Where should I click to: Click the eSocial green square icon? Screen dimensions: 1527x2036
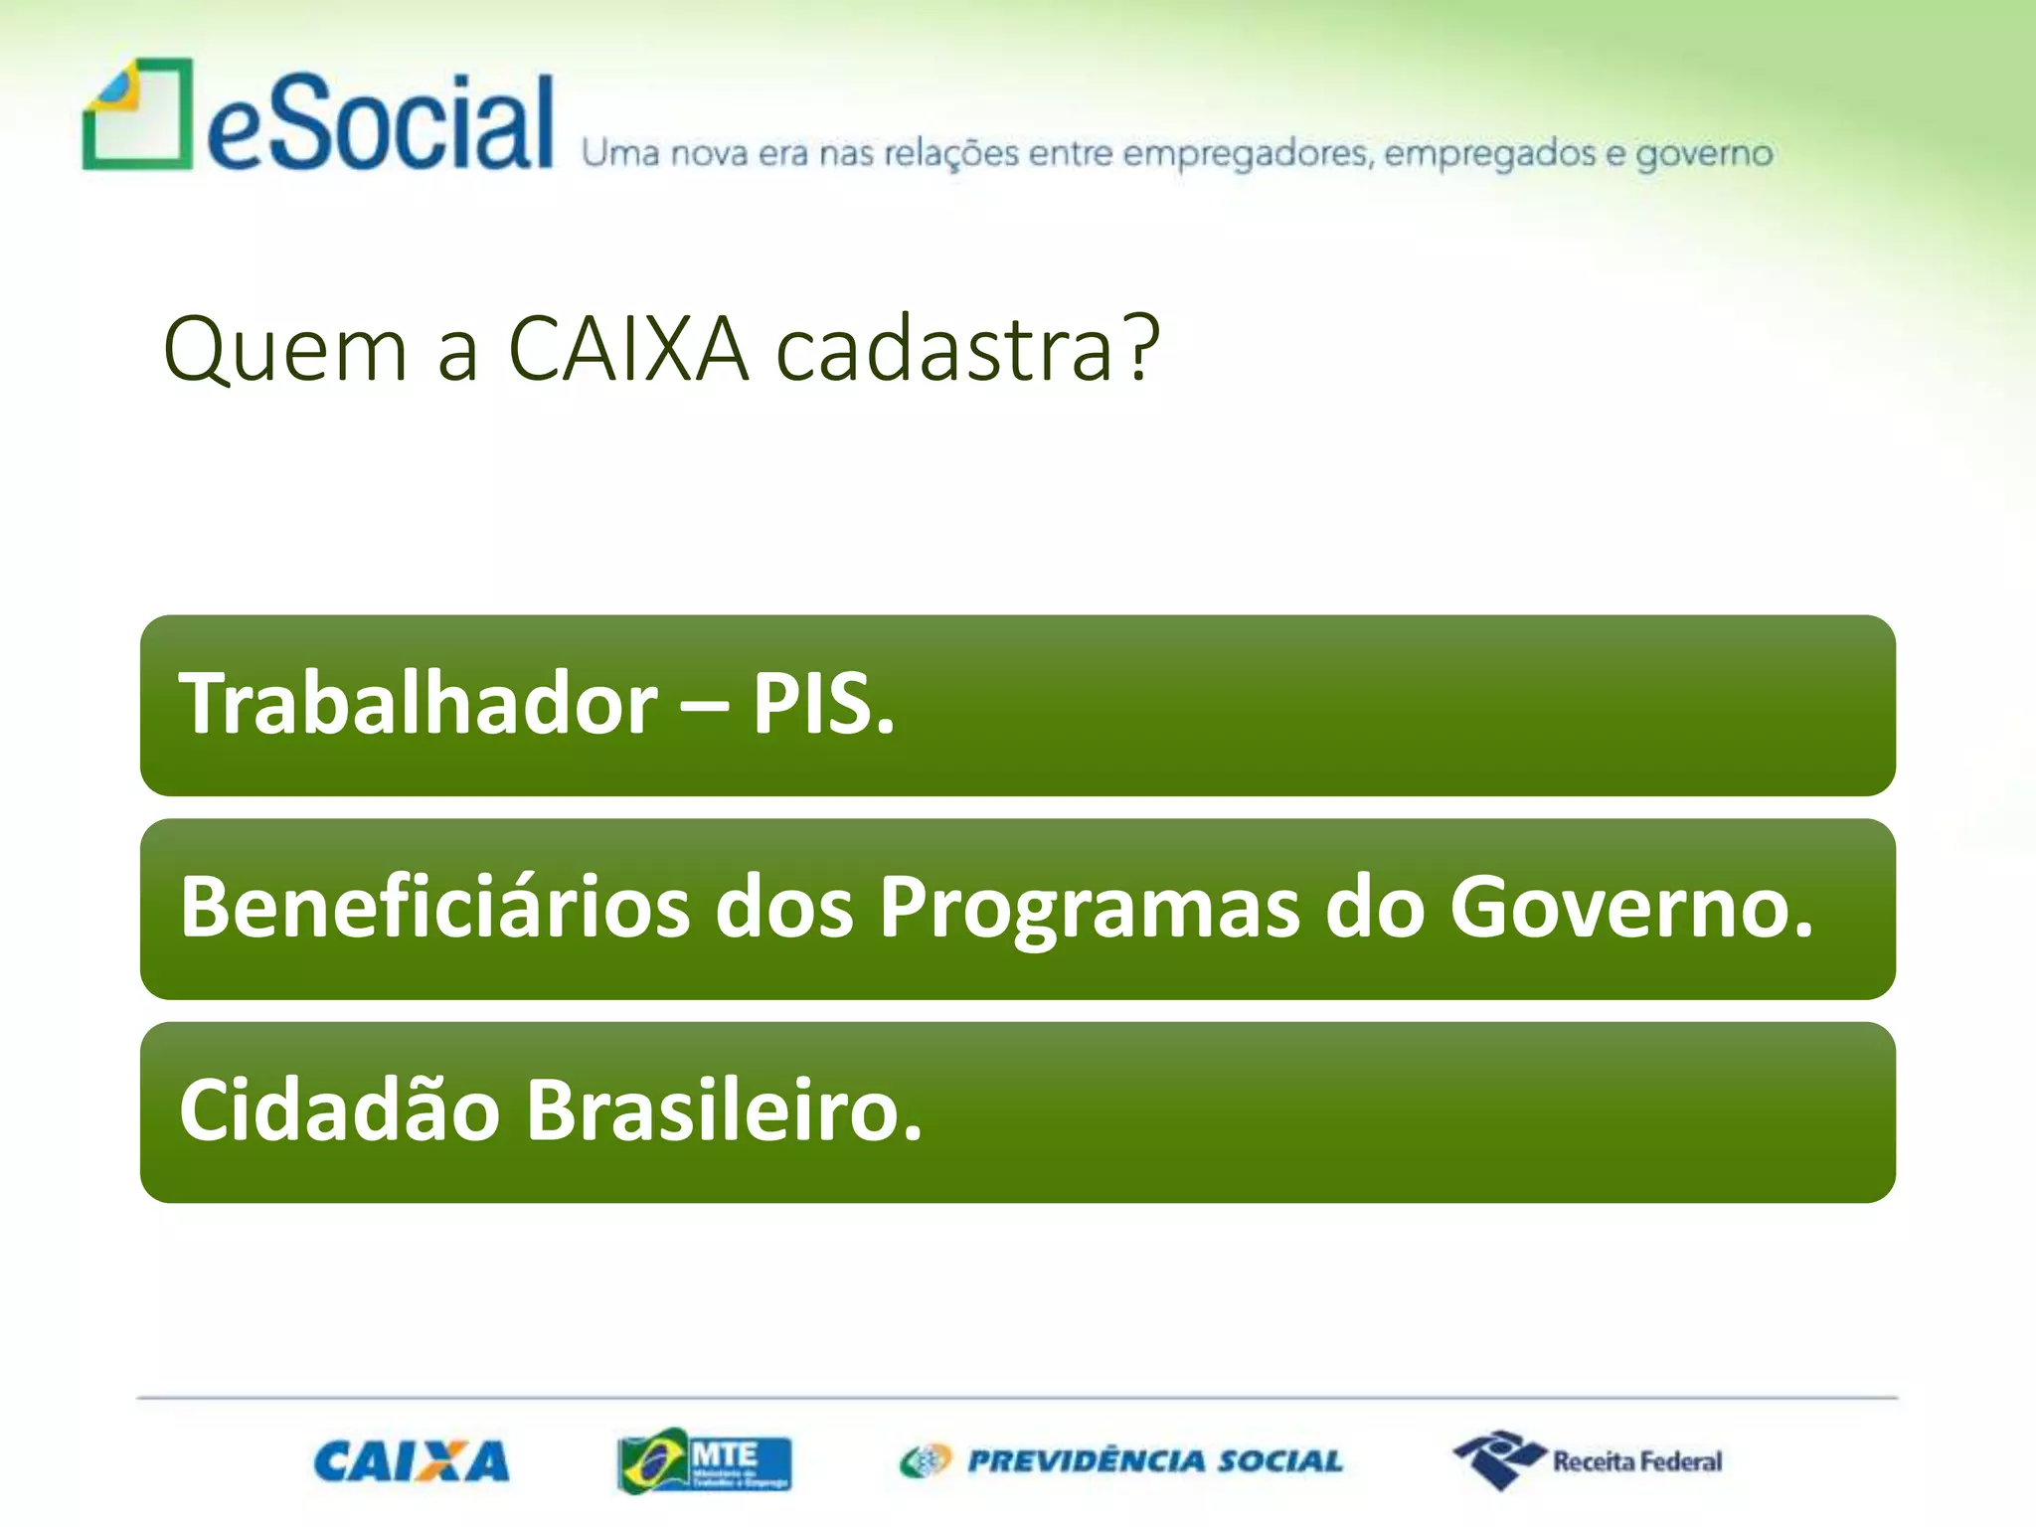[x=137, y=114]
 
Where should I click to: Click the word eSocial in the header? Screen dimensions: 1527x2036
[x=380, y=123]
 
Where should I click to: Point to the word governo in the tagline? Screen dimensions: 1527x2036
[x=1704, y=154]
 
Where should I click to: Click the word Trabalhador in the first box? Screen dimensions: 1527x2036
[x=418, y=704]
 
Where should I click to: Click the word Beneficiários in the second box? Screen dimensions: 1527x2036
[x=434, y=907]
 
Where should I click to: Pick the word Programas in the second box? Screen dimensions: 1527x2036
[x=1090, y=907]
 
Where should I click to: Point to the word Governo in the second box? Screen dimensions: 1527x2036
[x=1630, y=907]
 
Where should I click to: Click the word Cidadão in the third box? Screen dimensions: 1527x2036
[x=339, y=1110]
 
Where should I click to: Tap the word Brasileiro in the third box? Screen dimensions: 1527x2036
[x=724, y=1110]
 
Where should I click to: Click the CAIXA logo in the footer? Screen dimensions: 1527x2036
[x=412, y=1461]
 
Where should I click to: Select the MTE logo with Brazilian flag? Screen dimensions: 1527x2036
[x=704, y=1461]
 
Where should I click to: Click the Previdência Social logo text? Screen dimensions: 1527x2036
[x=1154, y=1461]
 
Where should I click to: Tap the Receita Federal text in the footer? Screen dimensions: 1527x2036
[x=1636, y=1461]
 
